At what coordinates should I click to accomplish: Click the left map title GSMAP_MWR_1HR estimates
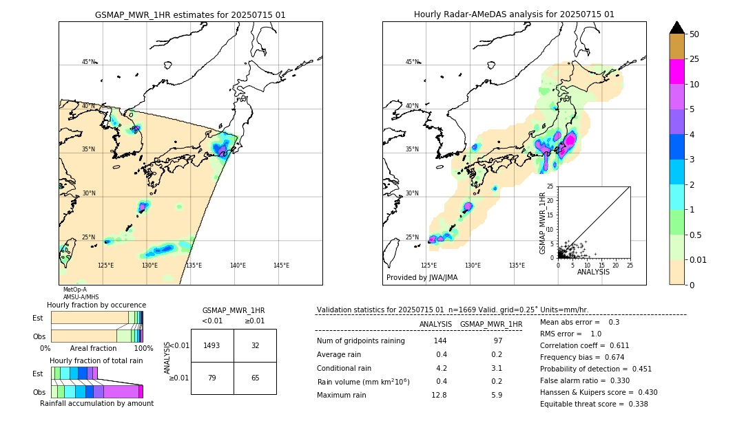click(x=190, y=14)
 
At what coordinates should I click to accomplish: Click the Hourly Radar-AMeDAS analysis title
click(x=514, y=14)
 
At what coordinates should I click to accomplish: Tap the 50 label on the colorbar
click(x=694, y=34)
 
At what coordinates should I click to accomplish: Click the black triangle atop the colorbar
click(x=676, y=28)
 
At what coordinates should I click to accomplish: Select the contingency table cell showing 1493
click(x=212, y=345)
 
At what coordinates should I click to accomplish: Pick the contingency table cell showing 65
click(x=255, y=378)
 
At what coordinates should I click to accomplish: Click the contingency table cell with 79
click(x=212, y=378)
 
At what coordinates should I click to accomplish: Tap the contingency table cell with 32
click(x=255, y=345)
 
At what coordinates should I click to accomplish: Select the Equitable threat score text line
click(x=594, y=404)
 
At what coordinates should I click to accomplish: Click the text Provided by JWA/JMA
click(x=422, y=277)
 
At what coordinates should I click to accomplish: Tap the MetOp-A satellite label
click(x=74, y=290)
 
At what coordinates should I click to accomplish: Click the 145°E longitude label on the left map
click(x=281, y=266)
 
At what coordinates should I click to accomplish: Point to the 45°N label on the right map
click(x=412, y=62)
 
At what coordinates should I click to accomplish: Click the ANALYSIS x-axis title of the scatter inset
click(x=593, y=272)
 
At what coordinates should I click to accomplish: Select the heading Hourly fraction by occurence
click(x=96, y=305)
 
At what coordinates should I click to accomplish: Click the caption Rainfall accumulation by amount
click(x=96, y=403)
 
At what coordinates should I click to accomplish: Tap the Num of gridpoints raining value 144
click(x=440, y=341)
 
